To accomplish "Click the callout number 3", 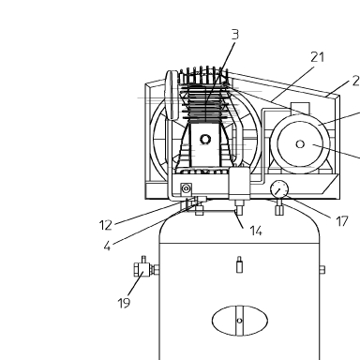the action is pyautogui.click(x=235, y=35).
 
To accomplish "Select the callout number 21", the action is pyautogui.click(x=318, y=57).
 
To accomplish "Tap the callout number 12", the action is pyautogui.click(x=106, y=225).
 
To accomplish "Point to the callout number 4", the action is pyautogui.click(x=107, y=247).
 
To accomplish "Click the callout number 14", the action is pyautogui.click(x=256, y=231).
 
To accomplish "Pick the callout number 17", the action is pyautogui.click(x=342, y=221).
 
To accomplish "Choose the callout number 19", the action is pyautogui.click(x=124, y=303).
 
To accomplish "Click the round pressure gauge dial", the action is pyautogui.click(x=279, y=189).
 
